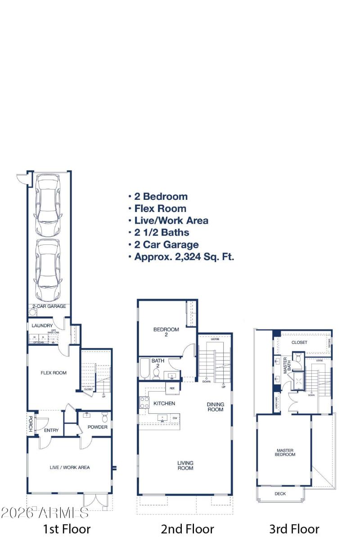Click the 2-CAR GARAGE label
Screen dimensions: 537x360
(49, 306)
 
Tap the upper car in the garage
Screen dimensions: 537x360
(47, 205)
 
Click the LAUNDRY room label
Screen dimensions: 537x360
(42, 325)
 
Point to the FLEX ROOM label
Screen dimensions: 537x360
(54, 373)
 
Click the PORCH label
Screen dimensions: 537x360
(31, 424)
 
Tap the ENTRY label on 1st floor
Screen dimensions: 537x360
(51, 430)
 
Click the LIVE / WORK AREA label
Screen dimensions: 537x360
(69, 467)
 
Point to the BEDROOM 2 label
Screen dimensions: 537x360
(166, 332)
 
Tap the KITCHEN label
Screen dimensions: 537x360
(164, 403)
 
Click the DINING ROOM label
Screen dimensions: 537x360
(215, 407)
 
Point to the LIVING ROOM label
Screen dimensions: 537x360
(185, 465)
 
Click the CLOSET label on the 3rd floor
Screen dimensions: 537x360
(299, 343)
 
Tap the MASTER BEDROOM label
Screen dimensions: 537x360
(285, 452)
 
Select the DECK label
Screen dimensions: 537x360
(280, 493)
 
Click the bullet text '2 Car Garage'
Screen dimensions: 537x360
(166, 245)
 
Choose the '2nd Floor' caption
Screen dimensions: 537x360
(187, 528)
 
